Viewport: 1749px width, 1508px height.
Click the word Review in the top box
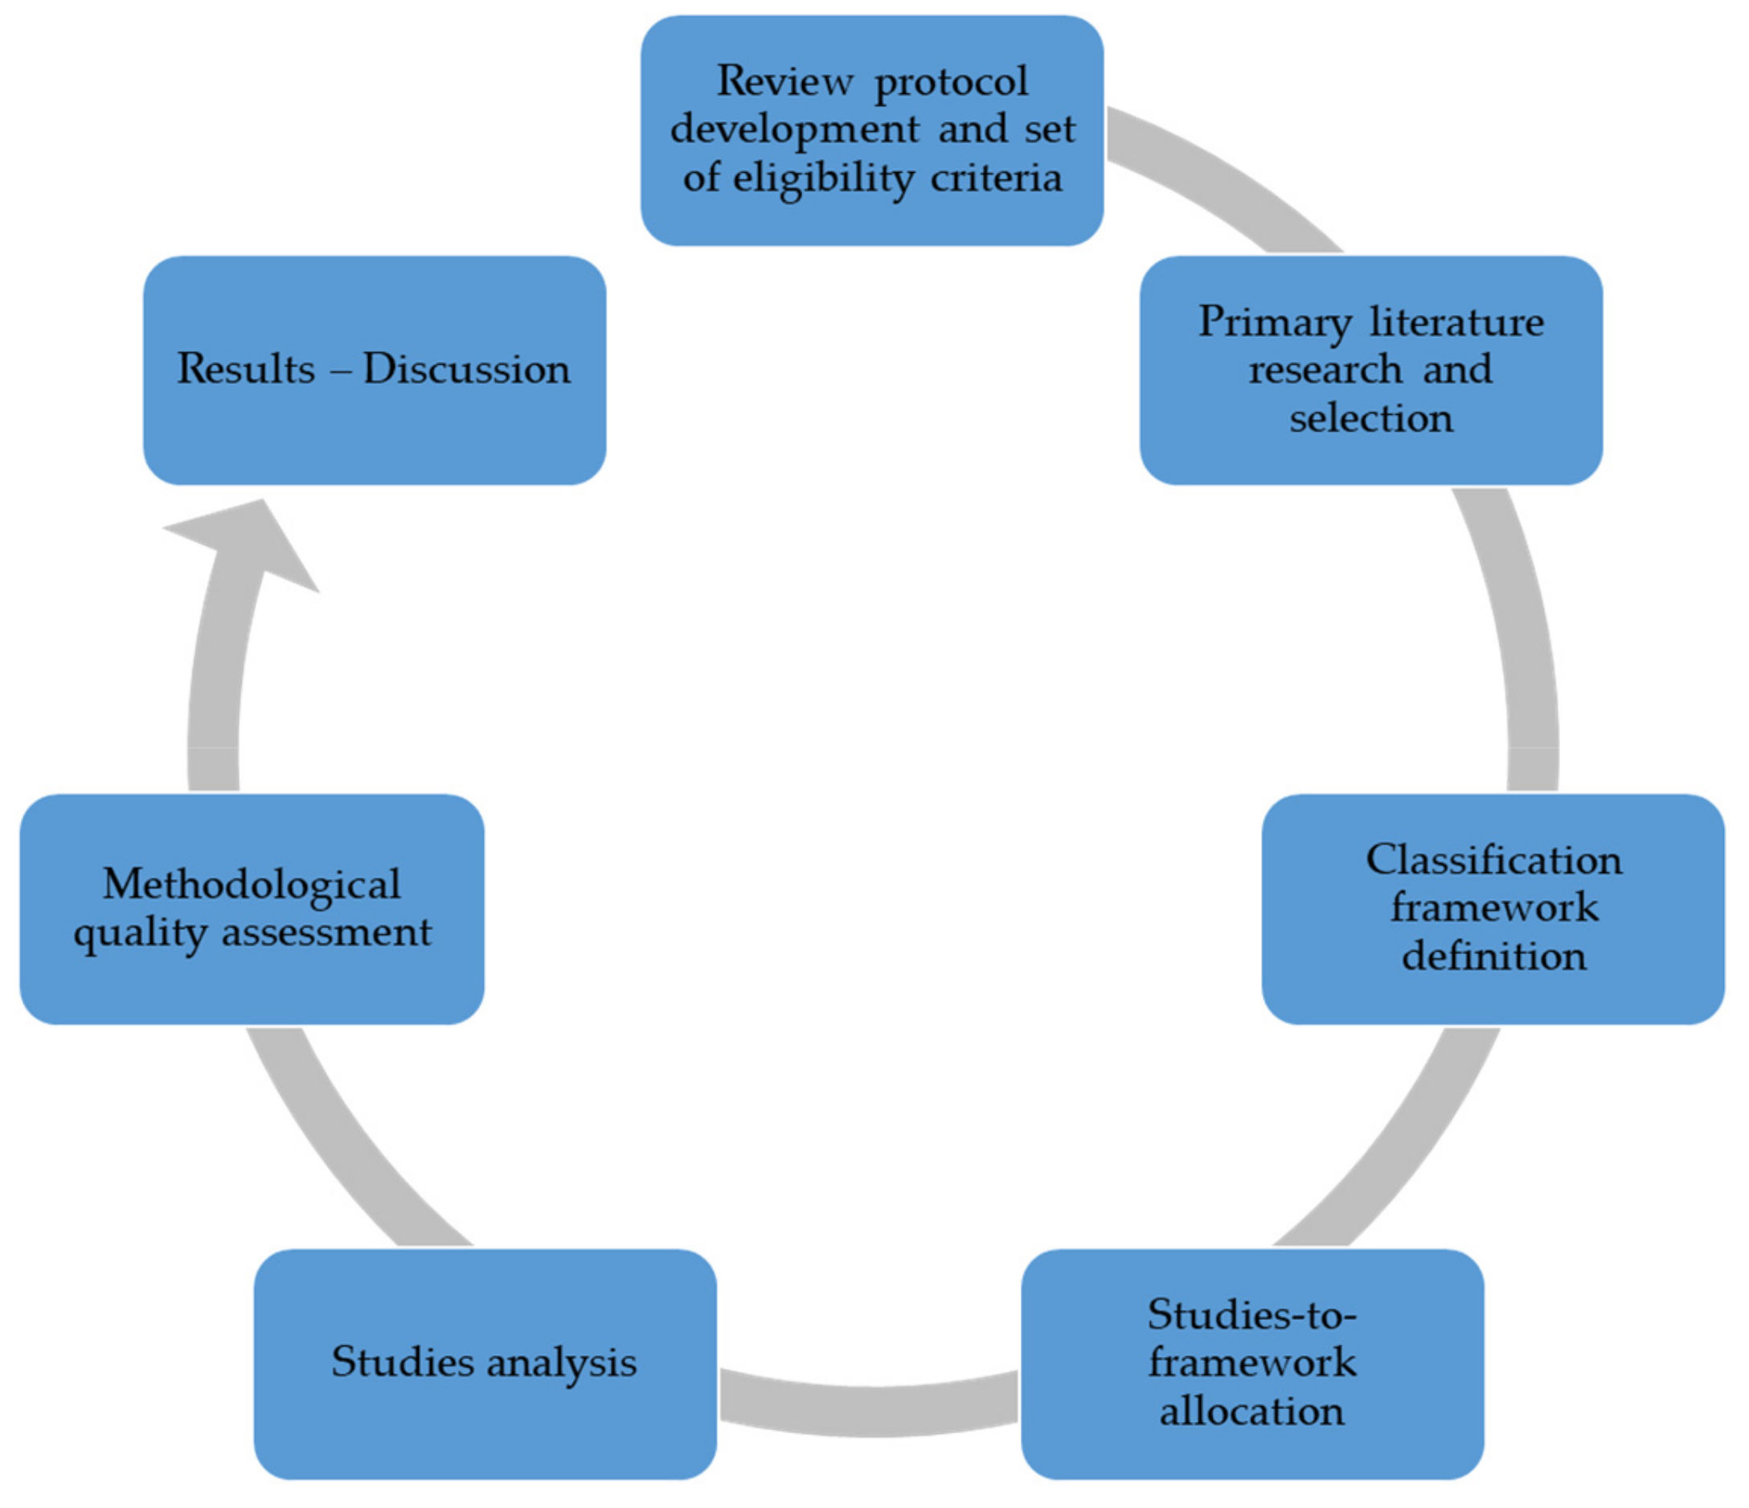(x=784, y=82)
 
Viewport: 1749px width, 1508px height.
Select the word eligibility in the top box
(x=823, y=178)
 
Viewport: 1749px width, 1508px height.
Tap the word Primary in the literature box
(x=1274, y=322)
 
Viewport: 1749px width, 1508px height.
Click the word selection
(x=1371, y=418)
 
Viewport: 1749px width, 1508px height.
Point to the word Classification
(x=1493, y=859)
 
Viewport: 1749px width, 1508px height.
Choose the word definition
(x=1493, y=956)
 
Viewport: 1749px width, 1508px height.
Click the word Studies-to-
(x=1251, y=1314)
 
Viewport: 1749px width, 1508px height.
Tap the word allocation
(x=1251, y=1411)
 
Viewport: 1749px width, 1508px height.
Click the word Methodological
(x=252, y=884)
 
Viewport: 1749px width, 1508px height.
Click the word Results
(x=246, y=369)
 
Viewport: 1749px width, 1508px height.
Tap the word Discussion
(x=467, y=369)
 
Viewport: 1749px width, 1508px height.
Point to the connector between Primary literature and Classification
(x=1519, y=641)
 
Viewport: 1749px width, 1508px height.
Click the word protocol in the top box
(x=951, y=82)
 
